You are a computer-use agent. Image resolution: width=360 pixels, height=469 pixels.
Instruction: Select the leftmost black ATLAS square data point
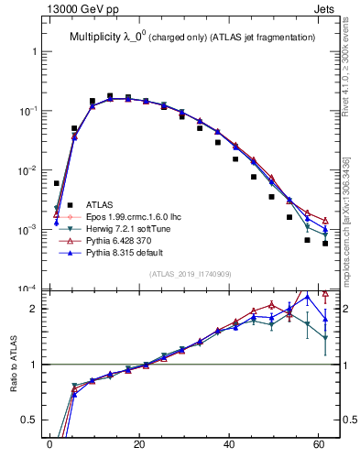point(57,183)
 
